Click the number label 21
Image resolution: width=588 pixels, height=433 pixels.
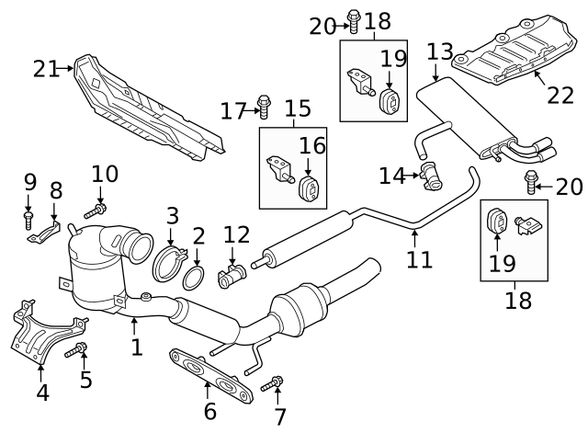tap(45, 68)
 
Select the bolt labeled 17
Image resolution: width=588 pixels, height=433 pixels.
tap(264, 108)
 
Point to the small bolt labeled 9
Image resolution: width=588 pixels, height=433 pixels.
tap(28, 221)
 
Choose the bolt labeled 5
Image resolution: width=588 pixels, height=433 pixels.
tap(76, 349)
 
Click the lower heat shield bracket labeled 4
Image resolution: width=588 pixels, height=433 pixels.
tap(37, 333)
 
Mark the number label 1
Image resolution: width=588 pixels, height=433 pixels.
tap(136, 348)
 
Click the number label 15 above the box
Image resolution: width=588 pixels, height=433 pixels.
tap(298, 110)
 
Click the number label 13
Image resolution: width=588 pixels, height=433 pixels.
tap(439, 50)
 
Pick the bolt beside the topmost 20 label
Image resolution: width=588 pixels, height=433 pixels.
tap(354, 17)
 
